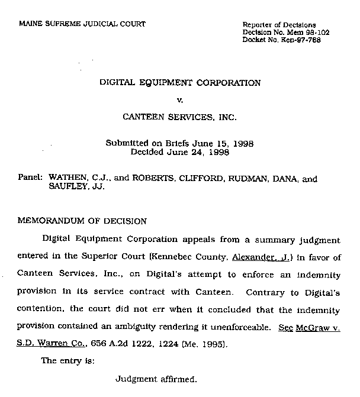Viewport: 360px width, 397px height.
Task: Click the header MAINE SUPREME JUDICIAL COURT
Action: (82, 24)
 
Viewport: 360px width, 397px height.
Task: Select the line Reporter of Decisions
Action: (279, 24)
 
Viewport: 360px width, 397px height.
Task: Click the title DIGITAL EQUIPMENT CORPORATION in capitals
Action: (180, 83)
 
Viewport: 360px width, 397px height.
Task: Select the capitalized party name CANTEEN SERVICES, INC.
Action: (179, 117)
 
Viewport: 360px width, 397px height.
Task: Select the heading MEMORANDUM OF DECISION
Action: (82, 221)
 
